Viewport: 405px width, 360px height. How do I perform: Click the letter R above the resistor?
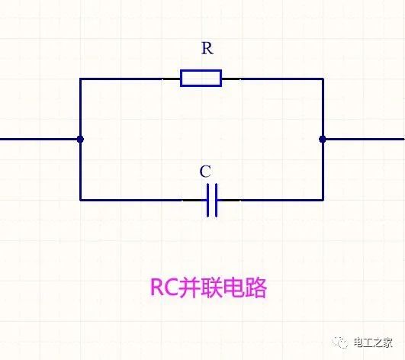pyautogui.click(x=207, y=48)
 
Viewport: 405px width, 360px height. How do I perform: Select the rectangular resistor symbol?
pyautogui.click(x=201, y=78)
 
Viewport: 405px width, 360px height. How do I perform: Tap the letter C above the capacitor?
pyautogui.click(x=205, y=172)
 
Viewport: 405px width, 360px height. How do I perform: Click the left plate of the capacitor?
pyautogui.click(x=208, y=200)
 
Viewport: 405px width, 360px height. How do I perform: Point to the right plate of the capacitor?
pyautogui.click(x=216, y=200)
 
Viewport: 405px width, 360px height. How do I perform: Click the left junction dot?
pyautogui.click(x=80, y=140)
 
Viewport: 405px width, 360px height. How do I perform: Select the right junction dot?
pyautogui.click(x=323, y=140)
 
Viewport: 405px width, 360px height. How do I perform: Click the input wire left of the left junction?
pyautogui.click(x=39, y=140)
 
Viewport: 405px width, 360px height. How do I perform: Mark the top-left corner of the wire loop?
pyautogui.click(x=80, y=79)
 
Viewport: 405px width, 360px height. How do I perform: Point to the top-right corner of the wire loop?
pyautogui.click(x=323, y=79)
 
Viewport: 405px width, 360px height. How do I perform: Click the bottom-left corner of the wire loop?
pyautogui.click(x=80, y=200)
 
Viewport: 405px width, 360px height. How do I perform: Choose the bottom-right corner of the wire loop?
pyautogui.click(x=323, y=200)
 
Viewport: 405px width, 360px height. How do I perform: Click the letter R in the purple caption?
pyautogui.click(x=156, y=288)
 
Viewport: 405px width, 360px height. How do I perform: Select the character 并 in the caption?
pyautogui.click(x=190, y=288)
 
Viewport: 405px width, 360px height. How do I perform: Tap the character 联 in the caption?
pyautogui.click(x=213, y=288)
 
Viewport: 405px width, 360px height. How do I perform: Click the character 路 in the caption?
pyautogui.click(x=256, y=288)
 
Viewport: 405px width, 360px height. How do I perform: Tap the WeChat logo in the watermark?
pyautogui.click(x=340, y=342)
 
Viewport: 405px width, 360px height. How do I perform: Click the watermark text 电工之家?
pyautogui.click(x=373, y=342)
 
